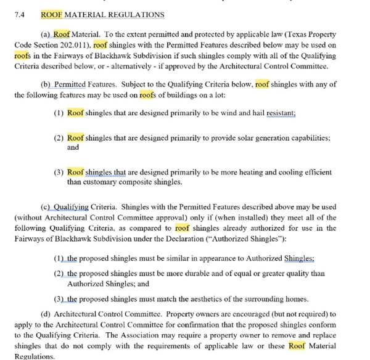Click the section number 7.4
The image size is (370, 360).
(x=18, y=14)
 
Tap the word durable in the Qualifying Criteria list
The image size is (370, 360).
(x=204, y=274)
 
